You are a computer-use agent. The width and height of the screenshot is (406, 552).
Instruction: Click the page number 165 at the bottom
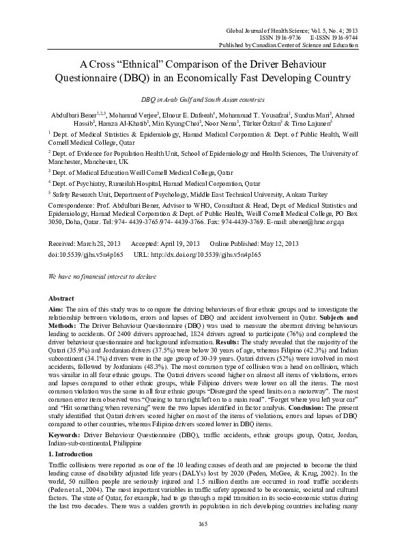[x=203, y=523]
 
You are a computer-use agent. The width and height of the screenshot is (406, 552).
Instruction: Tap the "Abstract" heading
[x=62, y=299]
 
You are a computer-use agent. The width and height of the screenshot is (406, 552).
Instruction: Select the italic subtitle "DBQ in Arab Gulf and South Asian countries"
[x=202, y=99]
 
